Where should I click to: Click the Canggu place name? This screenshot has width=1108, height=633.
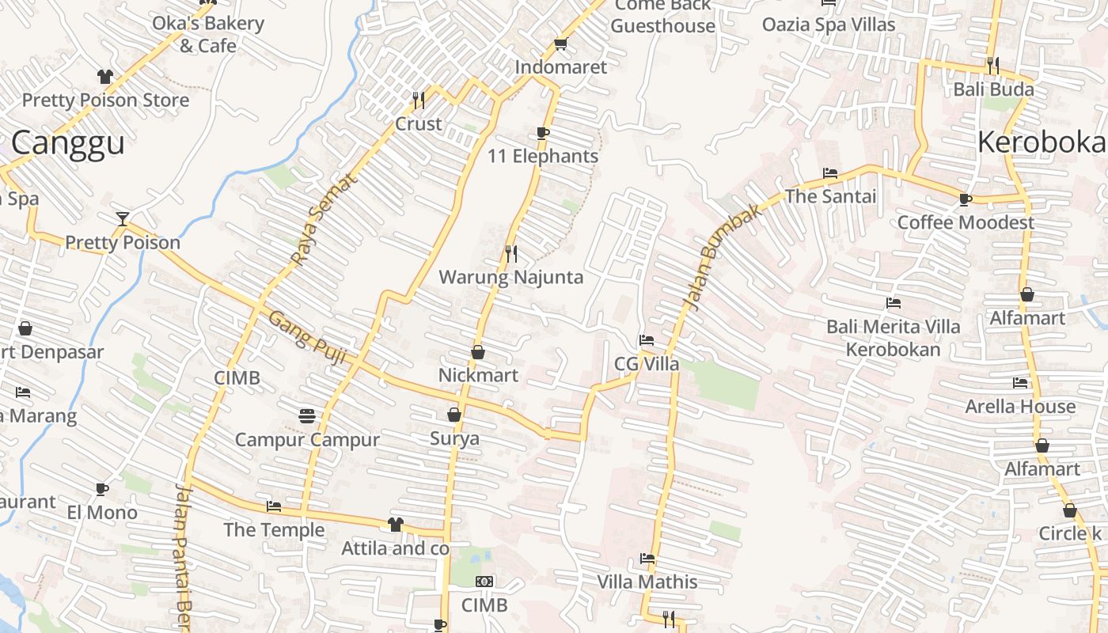click(68, 143)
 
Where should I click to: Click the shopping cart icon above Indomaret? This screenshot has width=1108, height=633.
click(560, 44)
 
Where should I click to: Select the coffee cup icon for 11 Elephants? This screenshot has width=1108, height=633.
click(542, 133)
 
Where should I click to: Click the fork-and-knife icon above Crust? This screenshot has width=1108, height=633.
click(419, 100)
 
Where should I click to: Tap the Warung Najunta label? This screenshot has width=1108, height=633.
click(510, 277)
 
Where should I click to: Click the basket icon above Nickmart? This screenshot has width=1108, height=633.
click(478, 352)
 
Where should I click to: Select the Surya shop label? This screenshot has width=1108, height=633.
click(454, 438)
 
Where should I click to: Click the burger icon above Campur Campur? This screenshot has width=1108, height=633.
click(307, 415)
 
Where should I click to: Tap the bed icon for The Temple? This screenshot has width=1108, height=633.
click(274, 506)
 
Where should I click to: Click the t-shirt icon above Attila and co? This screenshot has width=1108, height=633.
click(395, 525)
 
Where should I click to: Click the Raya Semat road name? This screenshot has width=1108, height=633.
click(324, 219)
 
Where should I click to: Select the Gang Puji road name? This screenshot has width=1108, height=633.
click(308, 340)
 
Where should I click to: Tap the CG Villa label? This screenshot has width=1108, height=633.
click(647, 364)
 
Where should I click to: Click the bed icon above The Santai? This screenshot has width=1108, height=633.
click(830, 173)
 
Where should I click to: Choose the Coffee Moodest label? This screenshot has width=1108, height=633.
click(965, 222)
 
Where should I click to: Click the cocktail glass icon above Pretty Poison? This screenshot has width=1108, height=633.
click(123, 218)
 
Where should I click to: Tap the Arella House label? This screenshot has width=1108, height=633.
click(1020, 407)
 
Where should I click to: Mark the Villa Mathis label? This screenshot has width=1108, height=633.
click(647, 582)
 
